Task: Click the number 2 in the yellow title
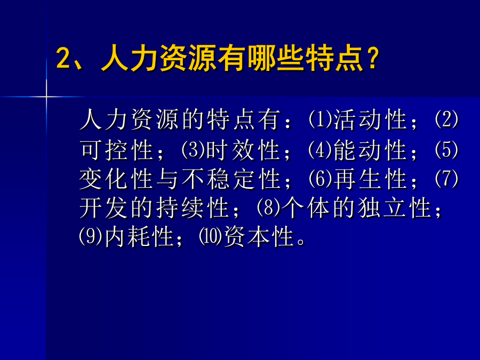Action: point(63,58)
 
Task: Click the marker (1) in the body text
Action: point(321,119)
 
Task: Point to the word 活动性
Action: point(371,119)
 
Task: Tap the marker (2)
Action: point(446,119)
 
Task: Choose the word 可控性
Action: point(117,150)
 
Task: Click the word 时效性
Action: point(244,150)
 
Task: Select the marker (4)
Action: point(321,150)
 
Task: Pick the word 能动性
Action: point(371,150)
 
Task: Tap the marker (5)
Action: point(446,150)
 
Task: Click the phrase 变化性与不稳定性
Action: point(180,179)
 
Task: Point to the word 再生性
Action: point(371,179)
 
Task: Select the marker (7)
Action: point(446,179)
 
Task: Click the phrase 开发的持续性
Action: point(155,208)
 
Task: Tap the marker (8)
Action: point(269,208)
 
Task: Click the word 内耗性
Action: point(140,237)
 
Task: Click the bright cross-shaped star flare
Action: point(46,97)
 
